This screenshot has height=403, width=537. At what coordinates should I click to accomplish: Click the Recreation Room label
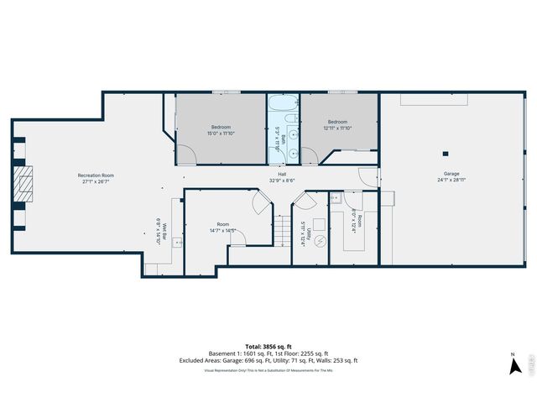point(96,179)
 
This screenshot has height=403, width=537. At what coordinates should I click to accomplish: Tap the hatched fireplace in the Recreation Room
point(25,180)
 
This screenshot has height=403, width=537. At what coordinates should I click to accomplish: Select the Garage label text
point(451,176)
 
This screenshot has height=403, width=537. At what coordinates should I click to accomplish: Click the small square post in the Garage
point(446,153)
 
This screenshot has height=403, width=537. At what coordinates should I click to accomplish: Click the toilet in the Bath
point(293,154)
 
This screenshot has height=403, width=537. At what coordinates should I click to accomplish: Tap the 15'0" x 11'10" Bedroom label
point(221,130)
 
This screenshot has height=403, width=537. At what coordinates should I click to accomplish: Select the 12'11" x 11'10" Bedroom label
point(338,125)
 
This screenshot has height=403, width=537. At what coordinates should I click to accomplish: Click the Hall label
point(283,177)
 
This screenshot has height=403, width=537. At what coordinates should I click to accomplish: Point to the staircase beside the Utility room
point(282,232)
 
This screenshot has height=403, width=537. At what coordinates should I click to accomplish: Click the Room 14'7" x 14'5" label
point(222,228)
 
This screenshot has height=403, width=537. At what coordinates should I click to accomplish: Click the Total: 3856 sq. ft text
point(268,346)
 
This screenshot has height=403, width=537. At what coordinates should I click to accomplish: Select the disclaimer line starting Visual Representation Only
point(268,369)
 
